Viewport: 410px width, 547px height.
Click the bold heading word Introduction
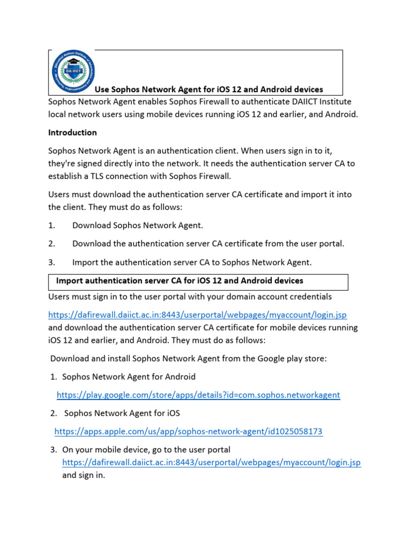(x=73, y=132)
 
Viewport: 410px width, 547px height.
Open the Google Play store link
(x=198, y=395)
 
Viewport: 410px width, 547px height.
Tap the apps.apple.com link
(x=188, y=432)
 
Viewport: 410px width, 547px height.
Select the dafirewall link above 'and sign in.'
(x=211, y=462)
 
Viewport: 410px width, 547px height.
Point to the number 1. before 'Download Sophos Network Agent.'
(x=52, y=225)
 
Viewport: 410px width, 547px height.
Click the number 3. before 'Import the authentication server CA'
(x=52, y=262)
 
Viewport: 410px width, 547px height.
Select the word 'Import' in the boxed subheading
(x=70, y=280)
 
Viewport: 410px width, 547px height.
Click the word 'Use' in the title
(x=102, y=89)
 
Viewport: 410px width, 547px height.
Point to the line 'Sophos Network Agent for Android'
(x=129, y=377)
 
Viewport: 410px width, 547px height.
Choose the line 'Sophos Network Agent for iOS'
(x=122, y=413)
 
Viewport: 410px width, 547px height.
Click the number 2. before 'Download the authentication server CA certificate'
(x=52, y=244)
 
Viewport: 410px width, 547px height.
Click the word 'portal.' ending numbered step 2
(x=332, y=244)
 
